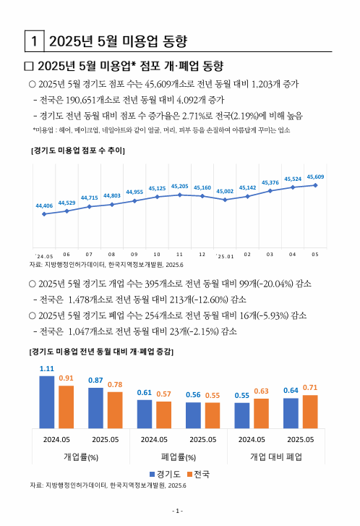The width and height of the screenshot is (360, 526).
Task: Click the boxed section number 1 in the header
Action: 33,39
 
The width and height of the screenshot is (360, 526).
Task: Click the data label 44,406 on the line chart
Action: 44,205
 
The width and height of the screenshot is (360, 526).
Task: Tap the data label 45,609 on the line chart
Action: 315,177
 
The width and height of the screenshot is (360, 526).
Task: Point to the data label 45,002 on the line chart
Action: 225,191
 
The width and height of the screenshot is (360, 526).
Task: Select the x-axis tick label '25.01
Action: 225,255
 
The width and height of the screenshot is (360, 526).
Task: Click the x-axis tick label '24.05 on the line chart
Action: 44,255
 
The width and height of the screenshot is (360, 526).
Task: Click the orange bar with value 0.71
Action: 309,412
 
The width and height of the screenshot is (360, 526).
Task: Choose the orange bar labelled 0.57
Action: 163,415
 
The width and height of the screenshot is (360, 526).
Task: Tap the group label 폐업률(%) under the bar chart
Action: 178,457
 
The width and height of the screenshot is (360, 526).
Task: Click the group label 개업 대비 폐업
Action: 275,457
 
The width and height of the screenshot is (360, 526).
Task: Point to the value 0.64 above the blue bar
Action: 291,391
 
